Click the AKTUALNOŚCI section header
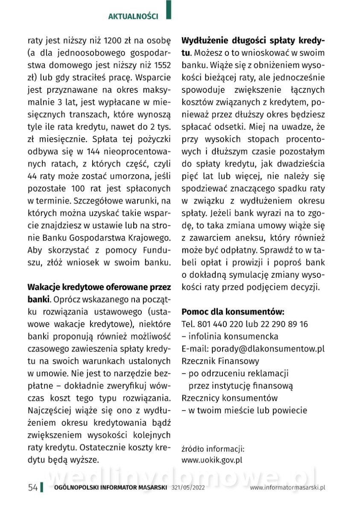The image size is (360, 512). point(133,17)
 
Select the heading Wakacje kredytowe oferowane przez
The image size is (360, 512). point(99,286)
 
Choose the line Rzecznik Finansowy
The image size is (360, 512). point(220,361)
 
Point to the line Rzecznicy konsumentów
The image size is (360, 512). point(229,398)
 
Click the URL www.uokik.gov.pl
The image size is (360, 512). point(212,460)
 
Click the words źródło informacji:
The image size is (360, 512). point(213,449)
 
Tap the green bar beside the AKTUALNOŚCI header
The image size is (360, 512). point(168,10)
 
